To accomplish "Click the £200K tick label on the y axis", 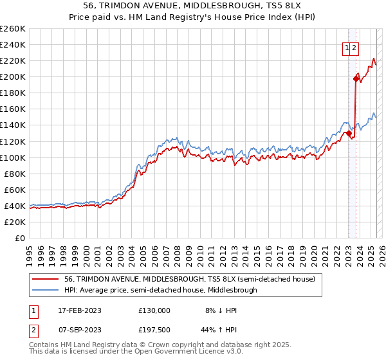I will (x=13, y=76).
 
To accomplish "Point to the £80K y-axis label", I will (x=15, y=174).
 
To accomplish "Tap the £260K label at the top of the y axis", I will (x=13, y=29).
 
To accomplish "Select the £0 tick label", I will (x=20, y=238).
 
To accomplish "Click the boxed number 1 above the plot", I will (x=347, y=47).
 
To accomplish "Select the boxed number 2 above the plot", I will (x=354, y=47).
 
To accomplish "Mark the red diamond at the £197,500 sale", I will (x=356, y=78).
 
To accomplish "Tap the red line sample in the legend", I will (x=46, y=280).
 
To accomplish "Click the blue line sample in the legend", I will (x=46, y=290).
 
